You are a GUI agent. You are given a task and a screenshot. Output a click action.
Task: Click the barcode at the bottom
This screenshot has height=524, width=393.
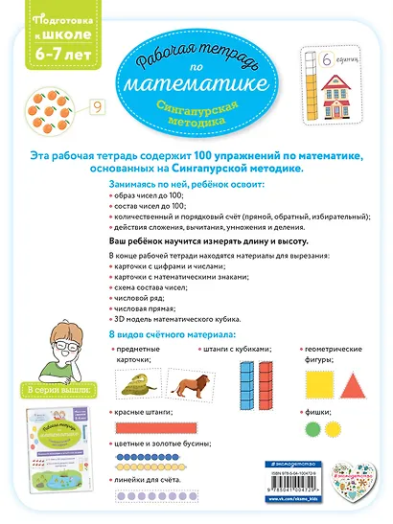pyautogui.click(x=307, y=470)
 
